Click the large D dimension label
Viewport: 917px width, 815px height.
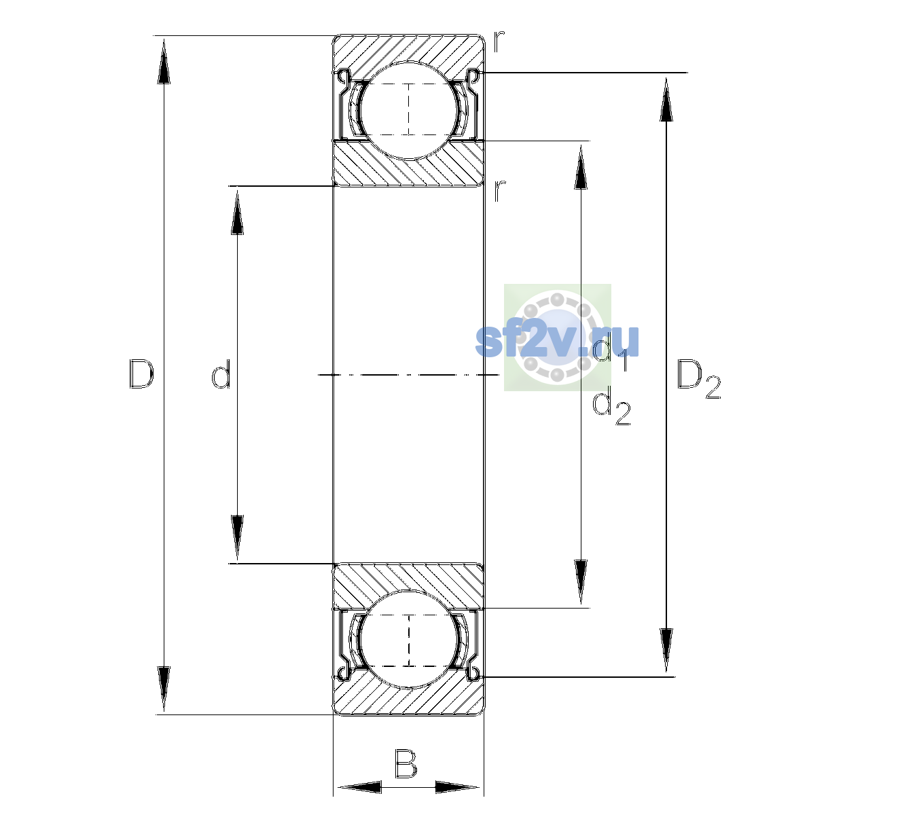tap(141, 374)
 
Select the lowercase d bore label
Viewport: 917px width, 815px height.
tap(221, 374)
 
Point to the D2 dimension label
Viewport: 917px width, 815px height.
tap(698, 378)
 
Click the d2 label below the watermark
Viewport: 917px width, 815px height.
tap(611, 407)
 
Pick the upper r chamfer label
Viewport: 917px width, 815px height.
tap(499, 41)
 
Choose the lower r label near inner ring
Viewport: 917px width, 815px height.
tap(499, 191)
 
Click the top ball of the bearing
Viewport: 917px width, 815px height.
tap(409, 111)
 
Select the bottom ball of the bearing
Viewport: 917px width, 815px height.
tap(409, 639)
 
